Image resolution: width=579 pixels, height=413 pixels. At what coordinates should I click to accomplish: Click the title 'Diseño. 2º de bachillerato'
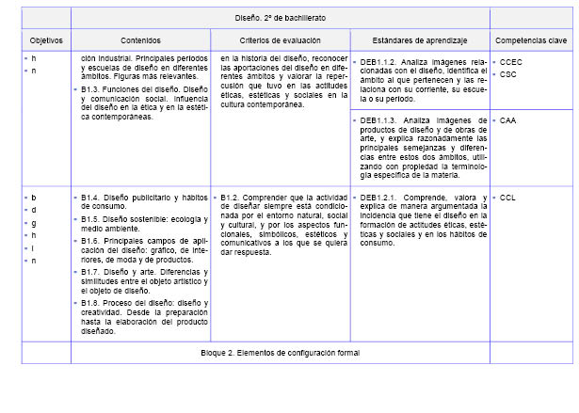pos(281,18)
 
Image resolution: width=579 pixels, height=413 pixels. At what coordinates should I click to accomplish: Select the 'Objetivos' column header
pos(45,40)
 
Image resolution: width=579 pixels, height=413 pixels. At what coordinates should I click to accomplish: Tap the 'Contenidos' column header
pos(140,40)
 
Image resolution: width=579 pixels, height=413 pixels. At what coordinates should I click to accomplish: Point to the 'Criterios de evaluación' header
pos(280,40)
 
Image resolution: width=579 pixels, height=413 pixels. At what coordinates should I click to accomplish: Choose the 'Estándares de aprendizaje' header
pos(419,40)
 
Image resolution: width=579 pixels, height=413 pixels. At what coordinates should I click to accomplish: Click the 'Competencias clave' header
pos(532,40)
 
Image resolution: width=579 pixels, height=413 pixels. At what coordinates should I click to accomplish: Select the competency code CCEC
pos(511,62)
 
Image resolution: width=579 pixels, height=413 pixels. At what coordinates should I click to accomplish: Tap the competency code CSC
pos(508,74)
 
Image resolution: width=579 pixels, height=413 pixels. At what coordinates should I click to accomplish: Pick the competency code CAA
pos(508,121)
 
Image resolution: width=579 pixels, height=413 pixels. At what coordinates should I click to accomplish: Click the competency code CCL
pos(508,198)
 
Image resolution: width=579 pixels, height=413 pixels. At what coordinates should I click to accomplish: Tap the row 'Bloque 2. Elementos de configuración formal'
pos(280,352)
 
